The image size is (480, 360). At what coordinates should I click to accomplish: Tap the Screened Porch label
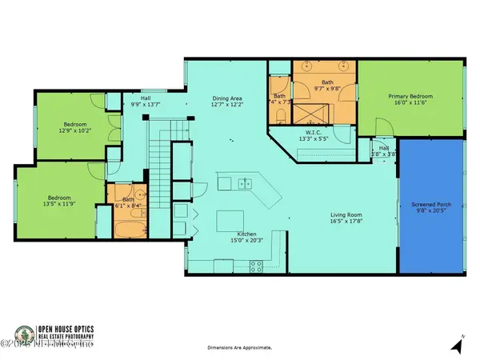click(x=433, y=205)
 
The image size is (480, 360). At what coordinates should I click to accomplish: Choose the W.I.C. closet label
click(x=314, y=133)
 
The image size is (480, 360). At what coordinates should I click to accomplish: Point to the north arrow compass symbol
click(x=457, y=346)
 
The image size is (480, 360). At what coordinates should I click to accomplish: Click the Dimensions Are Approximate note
click(x=239, y=348)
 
